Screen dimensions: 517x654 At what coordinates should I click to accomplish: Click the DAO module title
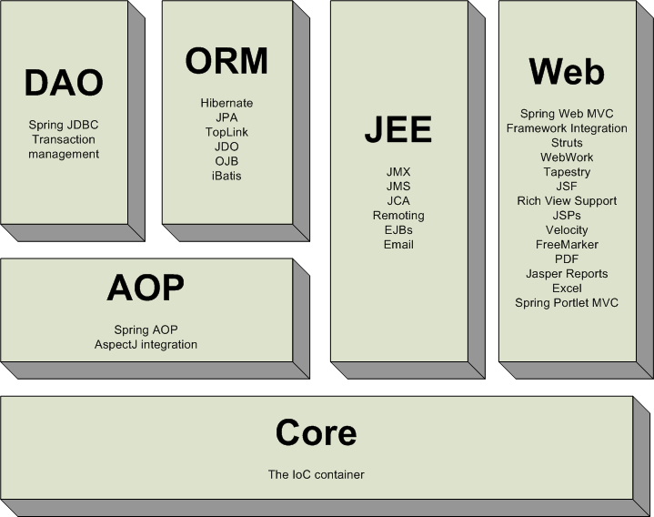point(64,83)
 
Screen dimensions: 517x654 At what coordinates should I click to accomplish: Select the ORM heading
point(226,61)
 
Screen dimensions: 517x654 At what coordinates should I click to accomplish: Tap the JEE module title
point(397,129)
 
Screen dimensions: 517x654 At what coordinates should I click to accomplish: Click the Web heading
point(567,71)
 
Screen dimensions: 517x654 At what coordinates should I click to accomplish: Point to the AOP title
point(146,289)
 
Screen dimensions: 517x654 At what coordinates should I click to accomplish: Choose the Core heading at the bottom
point(316,433)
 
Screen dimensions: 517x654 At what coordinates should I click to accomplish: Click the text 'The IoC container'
point(317,474)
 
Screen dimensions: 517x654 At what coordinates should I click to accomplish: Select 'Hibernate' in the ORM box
point(226,103)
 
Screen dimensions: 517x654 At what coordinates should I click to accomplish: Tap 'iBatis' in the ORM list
point(226,176)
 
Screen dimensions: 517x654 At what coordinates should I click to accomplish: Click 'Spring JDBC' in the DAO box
point(64,125)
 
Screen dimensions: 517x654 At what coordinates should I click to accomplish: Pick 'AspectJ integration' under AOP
point(146,344)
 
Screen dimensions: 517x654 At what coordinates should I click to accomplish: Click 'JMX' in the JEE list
point(398,171)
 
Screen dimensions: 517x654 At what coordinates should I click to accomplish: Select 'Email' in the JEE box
point(398,244)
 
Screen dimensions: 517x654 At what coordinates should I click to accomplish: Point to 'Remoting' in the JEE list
point(398,216)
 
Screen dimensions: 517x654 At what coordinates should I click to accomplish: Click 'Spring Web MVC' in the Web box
point(567,114)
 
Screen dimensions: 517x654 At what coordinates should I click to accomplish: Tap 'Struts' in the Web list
point(567,143)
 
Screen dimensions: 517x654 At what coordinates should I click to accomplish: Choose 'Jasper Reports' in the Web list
point(567,273)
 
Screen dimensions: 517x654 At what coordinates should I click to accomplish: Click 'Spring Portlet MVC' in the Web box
point(567,302)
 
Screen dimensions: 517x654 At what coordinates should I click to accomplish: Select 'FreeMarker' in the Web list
point(567,244)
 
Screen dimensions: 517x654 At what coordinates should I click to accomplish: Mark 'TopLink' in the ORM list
point(226,132)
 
